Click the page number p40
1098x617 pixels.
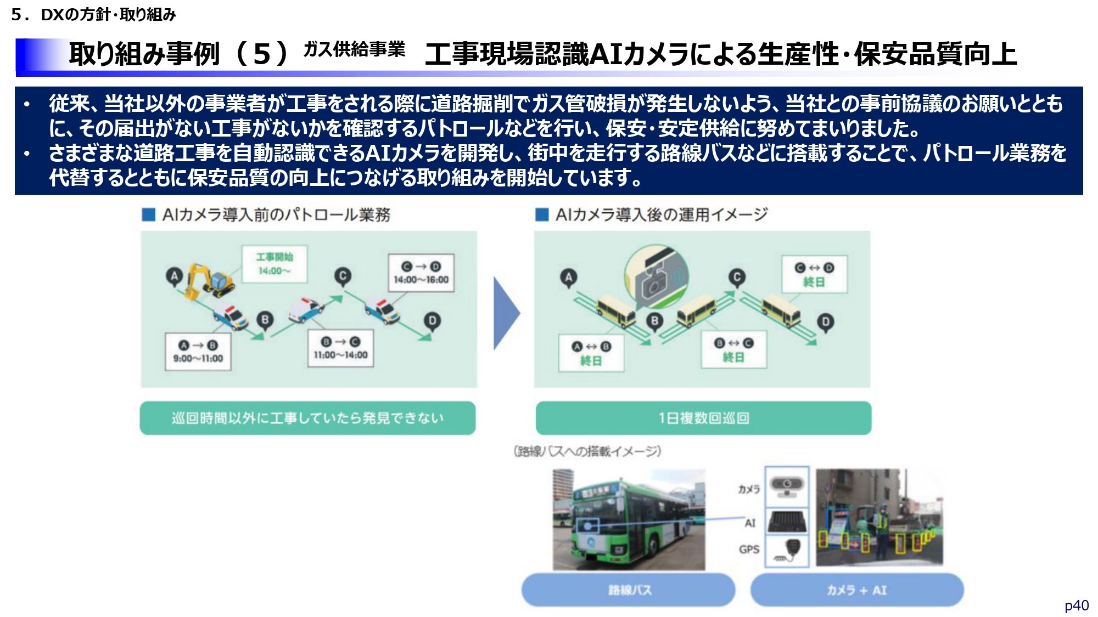(1076, 605)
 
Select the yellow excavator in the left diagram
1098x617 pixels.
(209, 281)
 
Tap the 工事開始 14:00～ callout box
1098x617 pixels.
(274, 264)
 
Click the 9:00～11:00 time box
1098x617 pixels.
(198, 352)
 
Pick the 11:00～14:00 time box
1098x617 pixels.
(340, 348)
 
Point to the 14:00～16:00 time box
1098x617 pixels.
(421, 273)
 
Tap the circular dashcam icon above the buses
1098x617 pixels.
(656, 277)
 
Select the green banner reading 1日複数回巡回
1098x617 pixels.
(703, 418)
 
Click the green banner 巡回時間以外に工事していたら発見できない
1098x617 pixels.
(307, 418)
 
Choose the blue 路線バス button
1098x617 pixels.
(628, 590)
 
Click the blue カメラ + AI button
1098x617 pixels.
(856, 590)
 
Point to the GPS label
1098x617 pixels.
(749, 549)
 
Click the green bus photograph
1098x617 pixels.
(629, 519)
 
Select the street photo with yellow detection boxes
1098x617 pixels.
(879, 517)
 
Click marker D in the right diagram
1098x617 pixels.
(825, 322)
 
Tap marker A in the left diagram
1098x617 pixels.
(175, 276)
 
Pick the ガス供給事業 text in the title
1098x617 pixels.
(354, 50)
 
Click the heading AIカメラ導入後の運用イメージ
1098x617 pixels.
(661, 214)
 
